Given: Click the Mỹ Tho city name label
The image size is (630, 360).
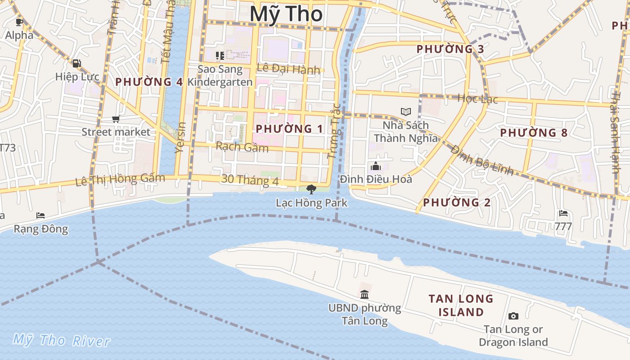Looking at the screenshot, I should click(286, 14).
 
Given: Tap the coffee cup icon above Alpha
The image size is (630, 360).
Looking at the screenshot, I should click(19, 22).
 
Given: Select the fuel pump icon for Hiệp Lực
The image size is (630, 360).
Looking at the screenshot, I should click(77, 63).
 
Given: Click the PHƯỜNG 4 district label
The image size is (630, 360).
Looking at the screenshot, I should click(149, 82).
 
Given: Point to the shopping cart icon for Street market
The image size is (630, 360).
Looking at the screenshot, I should click(116, 119).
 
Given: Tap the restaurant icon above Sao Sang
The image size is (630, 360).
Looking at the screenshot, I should click(220, 56).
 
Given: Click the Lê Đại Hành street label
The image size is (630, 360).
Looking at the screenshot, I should click(288, 69).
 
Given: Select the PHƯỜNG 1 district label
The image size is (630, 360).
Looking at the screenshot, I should click(289, 129).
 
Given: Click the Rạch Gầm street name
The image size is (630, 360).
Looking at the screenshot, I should click(242, 147).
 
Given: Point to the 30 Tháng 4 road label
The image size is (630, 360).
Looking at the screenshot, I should click(250, 180).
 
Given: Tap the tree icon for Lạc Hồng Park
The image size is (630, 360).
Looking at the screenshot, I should click(311, 189).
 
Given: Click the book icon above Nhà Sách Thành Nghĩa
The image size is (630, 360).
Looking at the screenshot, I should click(406, 112).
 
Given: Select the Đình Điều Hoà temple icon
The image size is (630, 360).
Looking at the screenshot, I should click(376, 166).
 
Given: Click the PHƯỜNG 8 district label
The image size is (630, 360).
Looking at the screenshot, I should click(534, 133).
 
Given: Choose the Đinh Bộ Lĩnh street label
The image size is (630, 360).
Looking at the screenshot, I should click(482, 160).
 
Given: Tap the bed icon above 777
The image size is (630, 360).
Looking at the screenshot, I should click(563, 213).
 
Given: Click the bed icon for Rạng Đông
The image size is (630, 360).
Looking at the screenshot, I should click(40, 216).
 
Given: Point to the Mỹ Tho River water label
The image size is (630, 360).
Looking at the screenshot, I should click(61, 340).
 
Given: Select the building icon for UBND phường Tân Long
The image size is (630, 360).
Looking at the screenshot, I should click(364, 295).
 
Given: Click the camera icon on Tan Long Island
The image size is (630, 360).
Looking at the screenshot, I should click(513, 316).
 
